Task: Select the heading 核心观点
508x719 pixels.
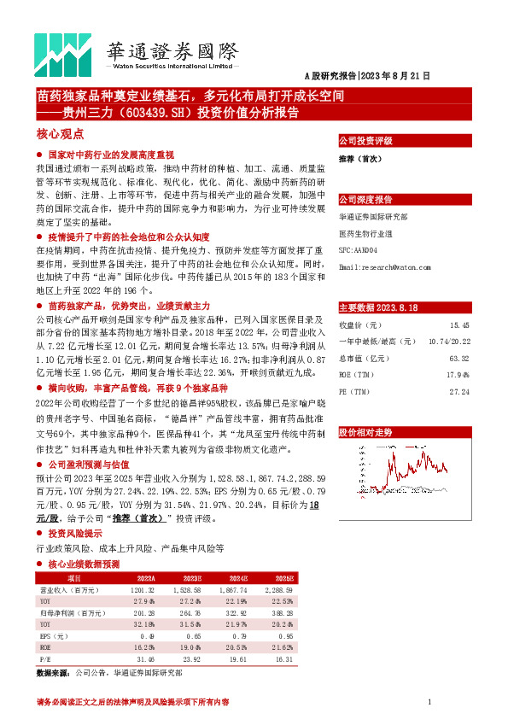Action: click(x=60, y=133)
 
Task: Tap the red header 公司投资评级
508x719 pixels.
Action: click(x=365, y=140)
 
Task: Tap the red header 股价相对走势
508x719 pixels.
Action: click(x=365, y=433)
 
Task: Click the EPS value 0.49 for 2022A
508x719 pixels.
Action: click(x=146, y=636)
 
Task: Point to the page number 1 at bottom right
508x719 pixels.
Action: click(x=428, y=702)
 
